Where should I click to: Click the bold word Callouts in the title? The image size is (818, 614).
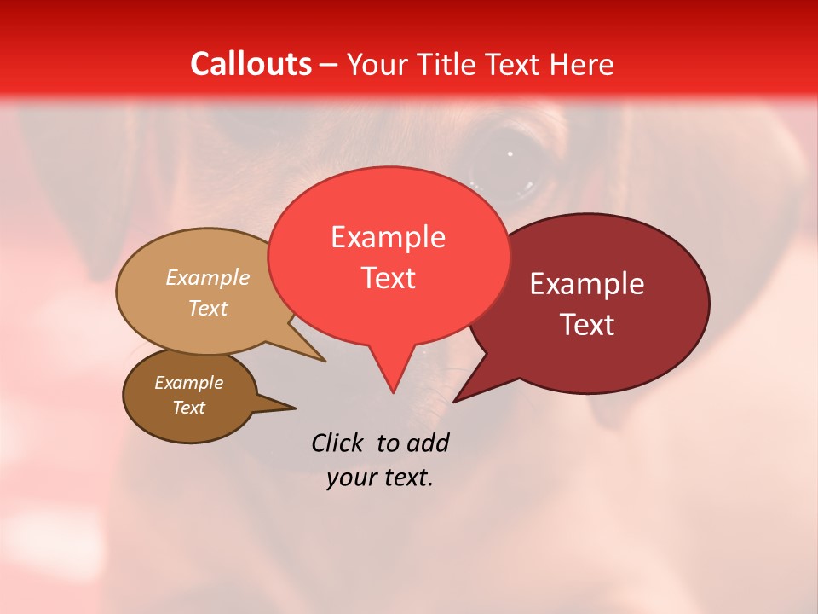coord(251,64)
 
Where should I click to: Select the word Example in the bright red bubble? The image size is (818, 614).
coord(388,237)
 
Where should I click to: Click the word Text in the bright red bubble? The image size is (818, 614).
coord(388,278)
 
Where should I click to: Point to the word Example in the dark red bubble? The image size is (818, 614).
coord(587,284)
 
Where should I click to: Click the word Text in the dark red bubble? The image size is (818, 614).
coord(587,325)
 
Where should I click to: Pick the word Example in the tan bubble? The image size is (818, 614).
coord(208,278)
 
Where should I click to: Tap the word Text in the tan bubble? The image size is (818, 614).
coord(208,309)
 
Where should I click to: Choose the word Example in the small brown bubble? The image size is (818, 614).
coord(188,383)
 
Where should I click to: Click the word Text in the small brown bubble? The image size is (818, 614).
coord(188,408)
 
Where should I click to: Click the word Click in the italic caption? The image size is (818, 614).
coord(337,443)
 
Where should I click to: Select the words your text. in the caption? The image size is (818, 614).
coord(380,478)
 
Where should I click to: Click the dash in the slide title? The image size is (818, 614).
coord(330,65)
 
